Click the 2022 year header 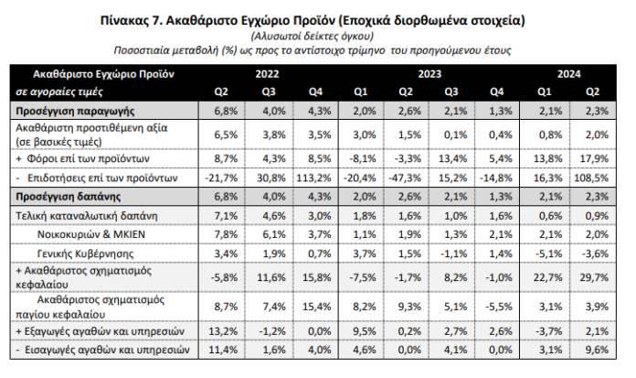[267, 72]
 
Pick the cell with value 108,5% [592, 178]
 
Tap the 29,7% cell [592, 275]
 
